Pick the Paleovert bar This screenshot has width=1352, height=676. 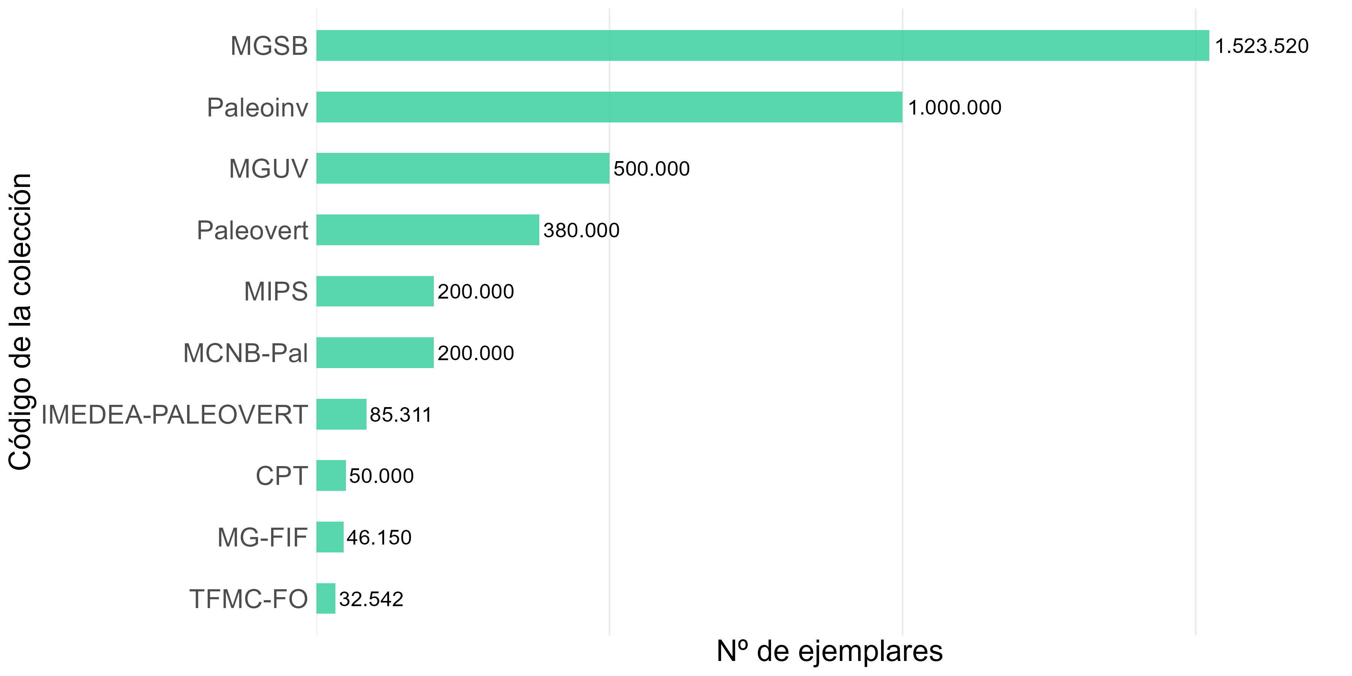427,230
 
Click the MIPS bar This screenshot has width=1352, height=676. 375,291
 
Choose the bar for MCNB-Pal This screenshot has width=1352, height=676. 375,353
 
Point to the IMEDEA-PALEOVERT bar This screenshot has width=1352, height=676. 341,414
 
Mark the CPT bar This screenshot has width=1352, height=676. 330,475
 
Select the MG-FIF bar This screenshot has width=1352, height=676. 330,537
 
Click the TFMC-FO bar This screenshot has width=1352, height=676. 325,598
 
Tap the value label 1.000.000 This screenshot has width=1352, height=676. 954,107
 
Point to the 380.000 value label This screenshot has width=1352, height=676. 581,231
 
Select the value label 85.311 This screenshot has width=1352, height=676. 400,415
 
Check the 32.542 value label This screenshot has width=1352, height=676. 371,599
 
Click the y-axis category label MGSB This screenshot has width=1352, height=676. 269,46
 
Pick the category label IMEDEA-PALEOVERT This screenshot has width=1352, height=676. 174,415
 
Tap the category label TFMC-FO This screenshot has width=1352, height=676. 248,599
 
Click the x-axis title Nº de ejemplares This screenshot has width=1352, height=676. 829,651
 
